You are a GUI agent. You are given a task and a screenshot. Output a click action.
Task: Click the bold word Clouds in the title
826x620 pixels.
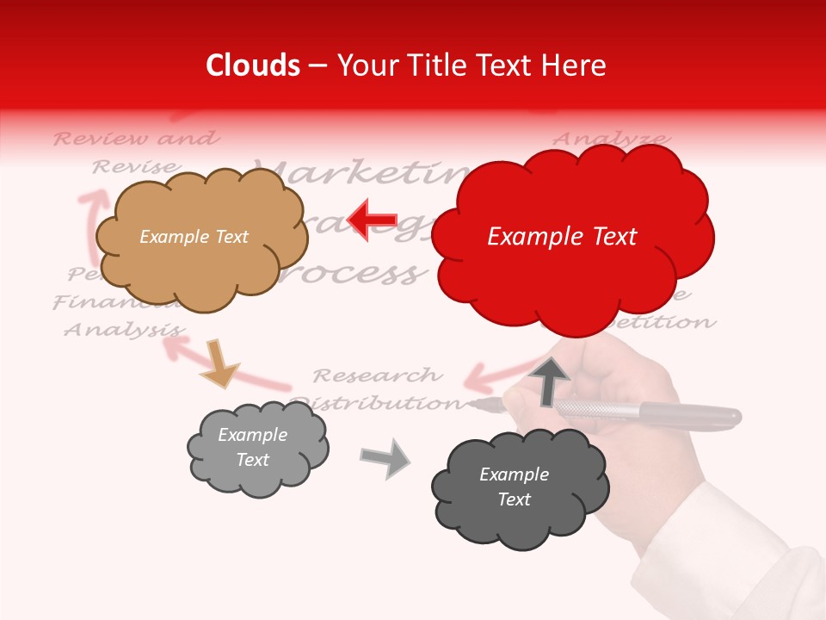pyautogui.click(x=252, y=65)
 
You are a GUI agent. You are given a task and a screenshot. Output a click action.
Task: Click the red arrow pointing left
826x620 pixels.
pyautogui.click(x=373, y=219)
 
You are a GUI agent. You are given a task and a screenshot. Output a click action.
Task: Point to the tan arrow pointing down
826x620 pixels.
pyautogui.click(x=219, y=363)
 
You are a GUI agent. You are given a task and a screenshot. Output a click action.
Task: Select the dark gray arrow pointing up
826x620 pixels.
pyautogui.click(x=550, y=380)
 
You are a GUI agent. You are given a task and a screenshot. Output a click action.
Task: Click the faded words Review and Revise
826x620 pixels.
pyautogui.click(x=136, y=152)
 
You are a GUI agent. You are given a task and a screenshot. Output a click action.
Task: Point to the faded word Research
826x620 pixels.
pyautogui.click(x=377, y=375)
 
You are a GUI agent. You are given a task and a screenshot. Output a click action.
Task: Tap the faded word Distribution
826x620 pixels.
pyautogui.click(x=375, y=402)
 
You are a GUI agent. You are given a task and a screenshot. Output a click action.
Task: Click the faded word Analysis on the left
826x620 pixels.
pyautogui.click(x=124, y=330)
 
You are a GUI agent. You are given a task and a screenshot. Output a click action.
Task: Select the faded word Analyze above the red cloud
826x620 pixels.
pyautogui.click(x=610, y=139)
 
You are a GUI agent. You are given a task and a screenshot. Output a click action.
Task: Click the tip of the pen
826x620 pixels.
pyautogui.click(x=472, y=403)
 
